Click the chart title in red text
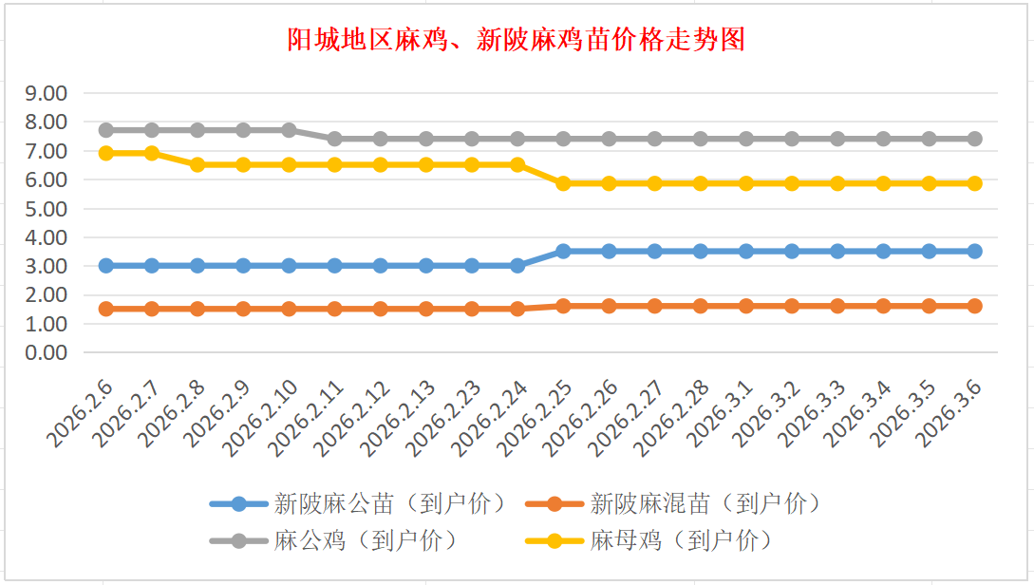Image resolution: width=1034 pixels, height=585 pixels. point(517,39)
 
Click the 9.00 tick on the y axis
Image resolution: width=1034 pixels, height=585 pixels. point(47,93)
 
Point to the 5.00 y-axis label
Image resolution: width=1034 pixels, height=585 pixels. point(47,208)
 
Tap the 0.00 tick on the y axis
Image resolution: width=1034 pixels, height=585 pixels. point(47,352)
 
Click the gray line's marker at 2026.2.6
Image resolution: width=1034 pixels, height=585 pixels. point(106,130)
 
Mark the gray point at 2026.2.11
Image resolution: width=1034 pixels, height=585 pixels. point(334,139)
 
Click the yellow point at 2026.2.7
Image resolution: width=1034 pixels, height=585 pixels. point(152,153)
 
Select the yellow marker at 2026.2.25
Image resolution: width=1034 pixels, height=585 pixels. point(563,183)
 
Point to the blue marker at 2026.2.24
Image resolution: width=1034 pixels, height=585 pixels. point(517,266)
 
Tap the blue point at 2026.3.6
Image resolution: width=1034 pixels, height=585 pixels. point(974,251)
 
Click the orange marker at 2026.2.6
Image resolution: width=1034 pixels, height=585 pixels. point(106,309)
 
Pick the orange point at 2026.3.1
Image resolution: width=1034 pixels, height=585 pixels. point(746,306)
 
